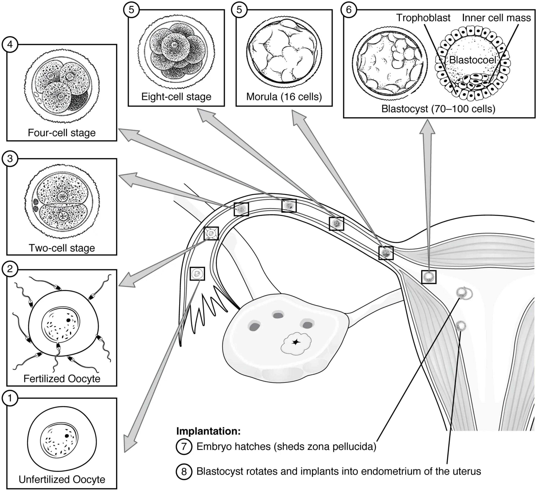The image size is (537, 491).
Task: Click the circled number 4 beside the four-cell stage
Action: point(10,45)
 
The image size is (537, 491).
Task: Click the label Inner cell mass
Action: point(496,18)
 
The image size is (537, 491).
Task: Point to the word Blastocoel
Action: point(473,60)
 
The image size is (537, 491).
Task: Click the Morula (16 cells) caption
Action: point(284,96)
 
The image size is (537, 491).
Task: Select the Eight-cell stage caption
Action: point(176,96)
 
